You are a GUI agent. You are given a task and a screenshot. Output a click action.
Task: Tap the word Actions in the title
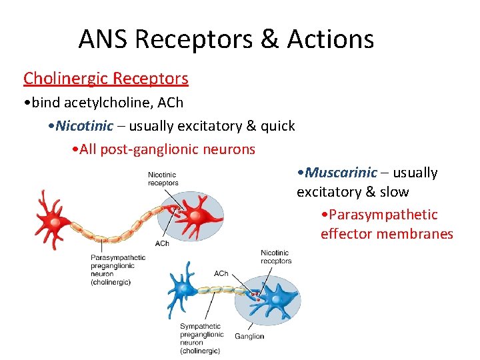pyautogui.click(x=331, y=39)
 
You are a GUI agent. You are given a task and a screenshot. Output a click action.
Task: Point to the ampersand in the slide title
pyautogui.click(x=269, y=39)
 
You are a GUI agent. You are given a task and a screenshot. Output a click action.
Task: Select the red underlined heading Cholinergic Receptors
pyautogui.click(x=106, y=79)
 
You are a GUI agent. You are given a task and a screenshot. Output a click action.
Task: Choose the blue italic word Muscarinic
pyautogui.click(x=341, y=173)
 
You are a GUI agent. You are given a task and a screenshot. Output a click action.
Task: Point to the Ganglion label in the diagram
pyautogui.click(x=249, y=336)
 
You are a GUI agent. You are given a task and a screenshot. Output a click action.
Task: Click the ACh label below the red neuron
pyautogui.click(x=162, y=243)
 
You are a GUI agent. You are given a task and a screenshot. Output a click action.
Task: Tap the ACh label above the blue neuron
pyautogui.click(x=221, y=273)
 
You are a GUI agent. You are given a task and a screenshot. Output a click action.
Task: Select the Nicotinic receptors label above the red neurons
pyautogui.click(x=163, y=179)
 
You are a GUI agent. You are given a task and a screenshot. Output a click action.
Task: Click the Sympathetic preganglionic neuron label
pyautogui.click(x=200, y=339)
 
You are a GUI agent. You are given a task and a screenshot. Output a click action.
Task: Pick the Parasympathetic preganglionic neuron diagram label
pyautogui.click(x=118, y=269)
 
